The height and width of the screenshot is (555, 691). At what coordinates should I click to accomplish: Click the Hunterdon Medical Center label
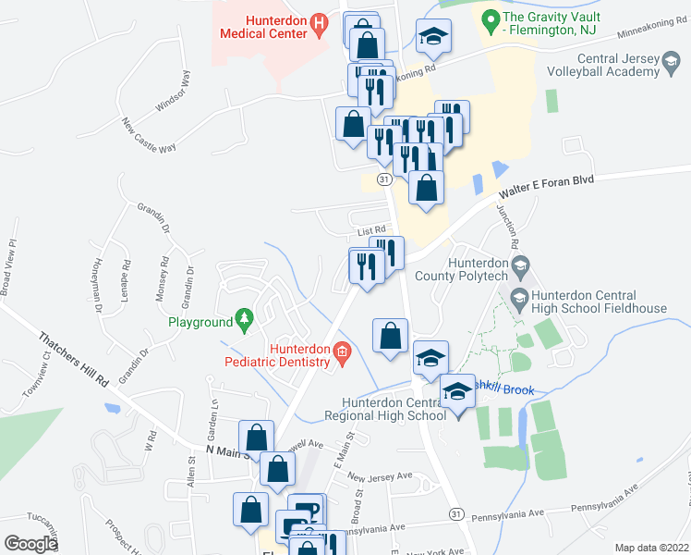pyautogui.click(x=262, y=26)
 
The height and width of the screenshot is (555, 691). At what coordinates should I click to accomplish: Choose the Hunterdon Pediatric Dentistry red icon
pyautogui.click(x=342, y=351)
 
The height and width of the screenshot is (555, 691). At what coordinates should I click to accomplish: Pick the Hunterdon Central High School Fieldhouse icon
pyautogui.click(x=518, y=298)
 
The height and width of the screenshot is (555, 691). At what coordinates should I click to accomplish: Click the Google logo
pyautogui.click(x=30, y=544)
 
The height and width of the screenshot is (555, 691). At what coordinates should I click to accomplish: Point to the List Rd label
pyautogui.click(x=370, y=229)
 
